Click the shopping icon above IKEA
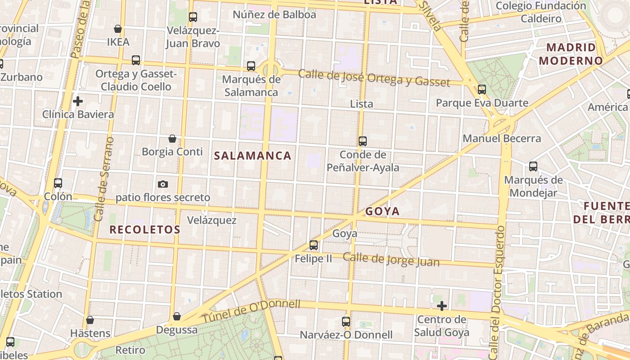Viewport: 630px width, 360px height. (118, 29)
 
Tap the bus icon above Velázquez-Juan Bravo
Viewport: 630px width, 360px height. (193, 17)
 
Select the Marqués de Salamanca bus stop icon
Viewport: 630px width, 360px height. (251, 66)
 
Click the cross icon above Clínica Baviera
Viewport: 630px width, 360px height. (78, 101)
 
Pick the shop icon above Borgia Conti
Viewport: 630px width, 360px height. (172, 139)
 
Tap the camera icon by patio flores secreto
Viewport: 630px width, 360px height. (163, 184)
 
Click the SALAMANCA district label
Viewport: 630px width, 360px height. (252, 156)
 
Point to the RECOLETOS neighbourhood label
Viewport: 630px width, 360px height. (145, 229)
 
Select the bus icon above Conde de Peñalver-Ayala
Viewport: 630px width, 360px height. (363, 141)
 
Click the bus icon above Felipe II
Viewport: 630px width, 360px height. (314, 245)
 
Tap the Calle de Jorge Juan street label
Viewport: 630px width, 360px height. (391, 260)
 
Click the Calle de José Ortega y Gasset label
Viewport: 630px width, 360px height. (374, 78)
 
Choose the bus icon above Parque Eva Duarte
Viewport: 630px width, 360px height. (482, 90)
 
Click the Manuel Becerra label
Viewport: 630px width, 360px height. (502, 139)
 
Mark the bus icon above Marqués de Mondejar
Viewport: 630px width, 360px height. (533, 166)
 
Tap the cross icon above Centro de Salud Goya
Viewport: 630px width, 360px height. (442, 306)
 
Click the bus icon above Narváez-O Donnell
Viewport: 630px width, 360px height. (346, 322)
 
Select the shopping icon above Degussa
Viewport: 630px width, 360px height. (177, 317)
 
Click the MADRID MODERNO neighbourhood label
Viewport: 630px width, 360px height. (571, 54)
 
